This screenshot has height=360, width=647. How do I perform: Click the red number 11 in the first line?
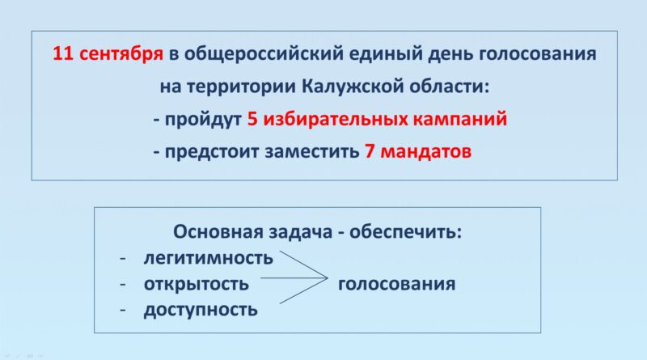(63, 53)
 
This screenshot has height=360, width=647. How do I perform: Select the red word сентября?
(121, 54)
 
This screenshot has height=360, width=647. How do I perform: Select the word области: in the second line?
(450, 87)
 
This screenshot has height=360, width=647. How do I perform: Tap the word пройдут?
(203, 120)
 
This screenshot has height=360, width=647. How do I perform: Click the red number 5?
(252, 119)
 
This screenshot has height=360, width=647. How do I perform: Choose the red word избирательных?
(335, 119)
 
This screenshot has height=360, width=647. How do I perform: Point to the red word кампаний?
(460, 119)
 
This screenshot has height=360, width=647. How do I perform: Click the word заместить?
(312, 152)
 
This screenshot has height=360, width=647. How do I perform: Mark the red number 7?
(370, 151)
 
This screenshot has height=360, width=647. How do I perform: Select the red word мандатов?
(426, 152)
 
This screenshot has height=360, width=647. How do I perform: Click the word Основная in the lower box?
(218, 231)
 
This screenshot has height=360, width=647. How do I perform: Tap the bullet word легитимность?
(209, 258)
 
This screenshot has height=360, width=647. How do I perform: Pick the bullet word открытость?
(197, 284)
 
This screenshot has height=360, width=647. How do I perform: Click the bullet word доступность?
(201, 310)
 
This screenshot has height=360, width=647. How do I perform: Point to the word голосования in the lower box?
(397, 284)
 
